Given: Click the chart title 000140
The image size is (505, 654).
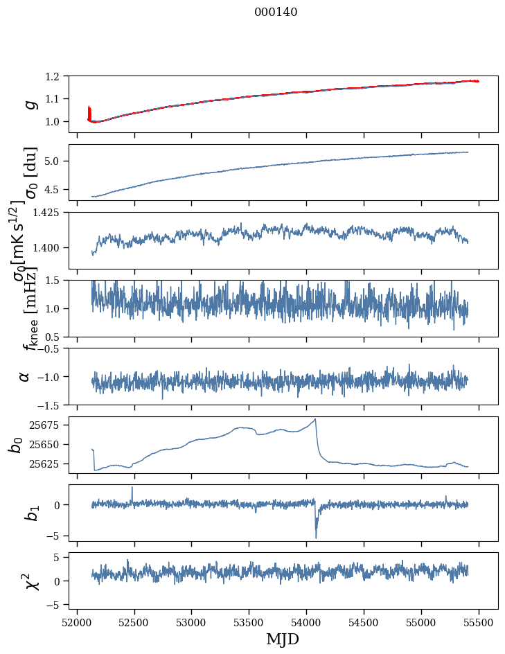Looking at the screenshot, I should tap(276, 12).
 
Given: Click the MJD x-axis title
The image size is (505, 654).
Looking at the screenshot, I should tap(283, 639).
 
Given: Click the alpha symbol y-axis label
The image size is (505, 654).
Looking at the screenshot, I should tap(24, 376).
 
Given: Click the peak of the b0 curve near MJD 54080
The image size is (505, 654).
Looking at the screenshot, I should tap(316, 419).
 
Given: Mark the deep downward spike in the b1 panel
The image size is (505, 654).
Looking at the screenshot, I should tap(316, 537).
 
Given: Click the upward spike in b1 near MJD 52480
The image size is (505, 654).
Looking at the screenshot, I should tap(132, 488).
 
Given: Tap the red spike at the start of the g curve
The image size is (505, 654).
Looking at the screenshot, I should tap(89, 111).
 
